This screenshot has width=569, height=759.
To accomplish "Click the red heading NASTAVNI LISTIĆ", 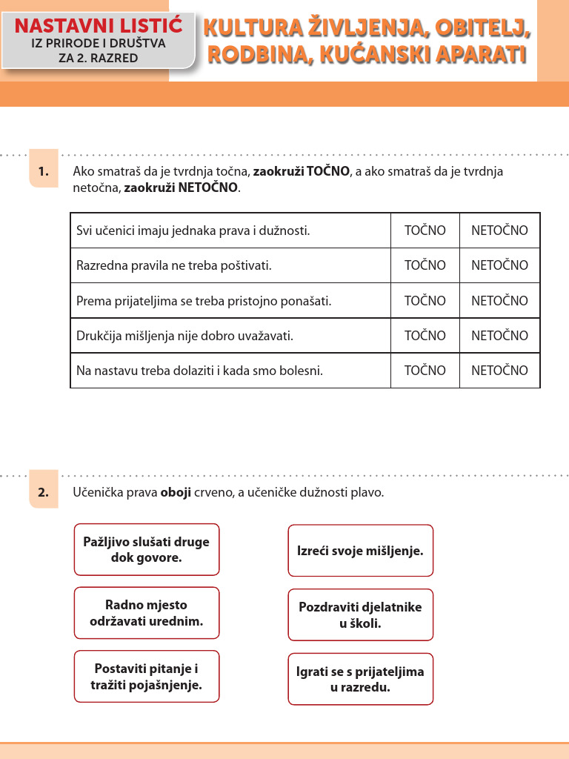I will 99,26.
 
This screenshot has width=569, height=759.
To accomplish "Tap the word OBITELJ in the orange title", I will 483,29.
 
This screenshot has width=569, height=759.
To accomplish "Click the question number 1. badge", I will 44,172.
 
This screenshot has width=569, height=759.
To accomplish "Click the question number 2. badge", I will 44,492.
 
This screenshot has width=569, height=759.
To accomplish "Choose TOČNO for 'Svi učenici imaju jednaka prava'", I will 425,231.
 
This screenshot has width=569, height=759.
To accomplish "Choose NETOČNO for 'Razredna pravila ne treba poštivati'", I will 499,265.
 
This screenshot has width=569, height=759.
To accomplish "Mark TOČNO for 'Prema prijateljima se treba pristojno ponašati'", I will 425,301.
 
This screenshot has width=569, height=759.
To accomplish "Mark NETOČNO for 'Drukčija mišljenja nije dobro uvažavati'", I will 499,336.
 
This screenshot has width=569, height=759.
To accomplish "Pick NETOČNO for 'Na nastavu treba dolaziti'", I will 499,371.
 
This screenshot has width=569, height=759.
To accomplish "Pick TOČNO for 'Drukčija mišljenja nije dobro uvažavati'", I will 425,336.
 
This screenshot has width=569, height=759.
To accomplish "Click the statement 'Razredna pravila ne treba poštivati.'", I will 174,265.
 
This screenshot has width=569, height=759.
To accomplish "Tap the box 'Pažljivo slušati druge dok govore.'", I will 147,549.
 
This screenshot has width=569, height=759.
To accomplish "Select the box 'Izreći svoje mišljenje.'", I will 360,551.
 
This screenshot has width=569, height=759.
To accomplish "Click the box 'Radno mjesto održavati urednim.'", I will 147,613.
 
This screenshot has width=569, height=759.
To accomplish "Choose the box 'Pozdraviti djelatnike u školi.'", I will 360,615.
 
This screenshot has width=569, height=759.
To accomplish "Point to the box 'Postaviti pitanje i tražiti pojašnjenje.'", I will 147,677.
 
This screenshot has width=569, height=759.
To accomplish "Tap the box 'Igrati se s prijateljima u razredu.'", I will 360,679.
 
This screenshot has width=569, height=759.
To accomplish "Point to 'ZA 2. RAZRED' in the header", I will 99,58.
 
